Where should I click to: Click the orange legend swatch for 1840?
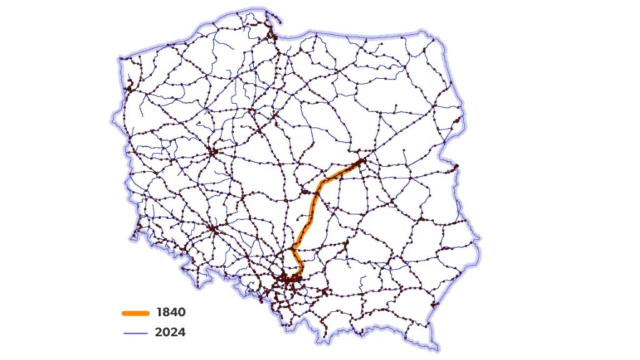pos(136,312)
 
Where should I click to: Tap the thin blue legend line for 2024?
pos(136,333)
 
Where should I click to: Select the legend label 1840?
pos(171,312)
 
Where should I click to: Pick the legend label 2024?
pos(171,332)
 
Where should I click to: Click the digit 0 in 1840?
pos(181,312)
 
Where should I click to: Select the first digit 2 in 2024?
pos(159,332)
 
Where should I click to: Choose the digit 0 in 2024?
pos(166,332)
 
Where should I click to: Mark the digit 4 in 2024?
pos(181,332)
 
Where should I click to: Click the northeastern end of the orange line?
pos(362,162)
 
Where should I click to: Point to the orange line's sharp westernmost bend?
pos(292,248)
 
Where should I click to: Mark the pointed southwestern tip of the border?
pos(132,239)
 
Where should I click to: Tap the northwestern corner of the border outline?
pos(119,60)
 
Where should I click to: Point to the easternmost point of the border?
pos(481,239)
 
